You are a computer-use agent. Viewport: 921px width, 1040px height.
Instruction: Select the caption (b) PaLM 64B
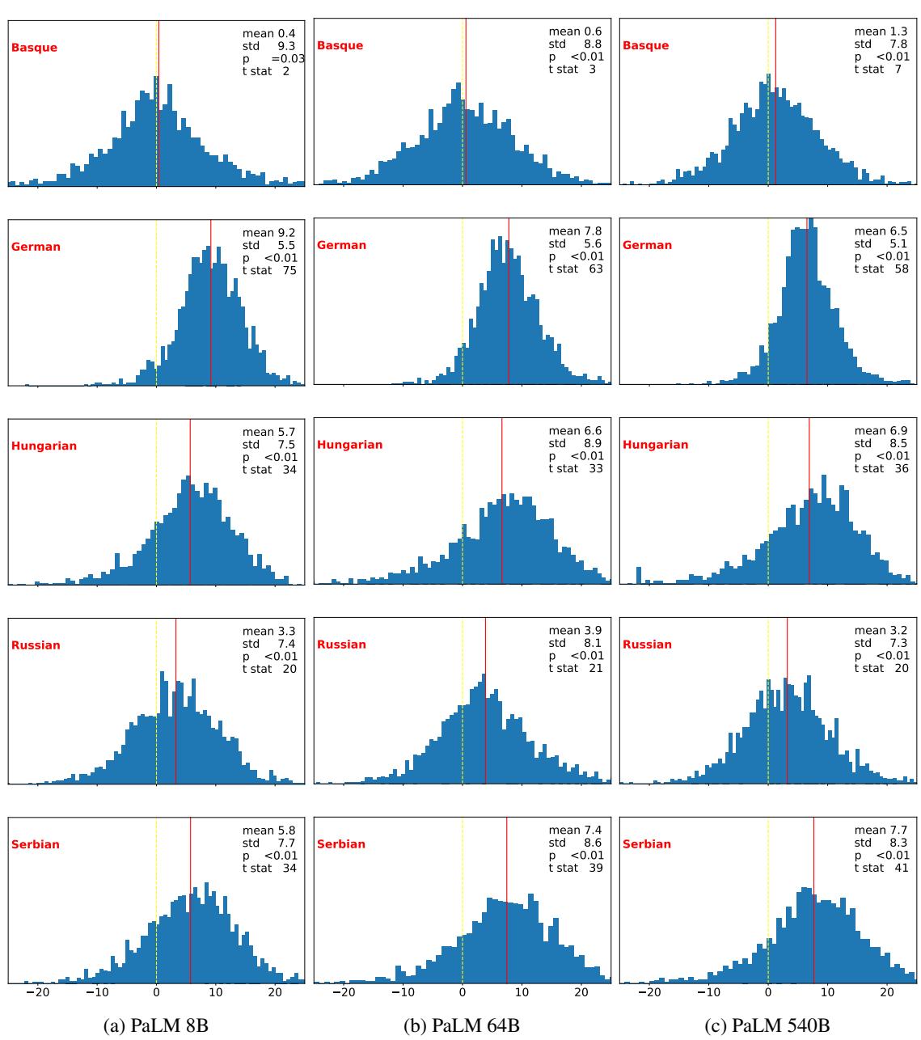point(462,1026)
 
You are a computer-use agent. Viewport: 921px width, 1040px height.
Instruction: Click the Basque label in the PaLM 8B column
point(34,48)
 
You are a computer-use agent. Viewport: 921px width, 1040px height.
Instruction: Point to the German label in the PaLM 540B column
point(647,245)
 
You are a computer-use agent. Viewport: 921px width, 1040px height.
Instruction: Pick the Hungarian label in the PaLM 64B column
point(349,445)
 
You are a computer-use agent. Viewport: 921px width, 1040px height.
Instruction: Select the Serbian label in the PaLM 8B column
point(36,844)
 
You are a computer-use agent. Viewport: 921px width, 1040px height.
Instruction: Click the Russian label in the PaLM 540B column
point(647,645)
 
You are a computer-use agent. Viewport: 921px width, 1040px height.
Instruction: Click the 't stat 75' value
point(269,270)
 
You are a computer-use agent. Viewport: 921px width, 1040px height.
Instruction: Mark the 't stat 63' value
point(575,268)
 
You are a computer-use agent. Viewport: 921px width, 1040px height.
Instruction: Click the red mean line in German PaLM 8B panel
point(210,307)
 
